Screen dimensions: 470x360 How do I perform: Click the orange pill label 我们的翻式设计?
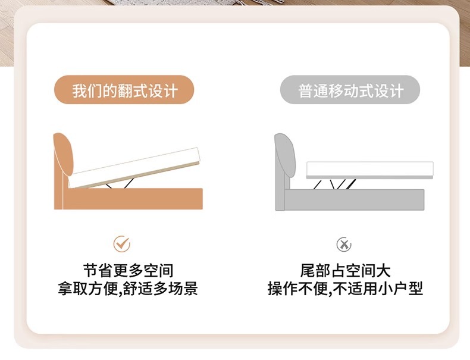tap(124, 90)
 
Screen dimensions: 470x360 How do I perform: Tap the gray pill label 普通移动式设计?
tap(350, 90)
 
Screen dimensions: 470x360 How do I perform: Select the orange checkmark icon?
tap(122, 244)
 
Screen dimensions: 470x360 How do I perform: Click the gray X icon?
tap(344, 245)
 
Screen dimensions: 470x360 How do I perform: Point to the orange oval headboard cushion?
tap(63, 154)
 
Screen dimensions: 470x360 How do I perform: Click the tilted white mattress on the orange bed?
tap(134, 167)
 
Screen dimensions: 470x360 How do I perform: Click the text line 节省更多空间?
tap(129, 271)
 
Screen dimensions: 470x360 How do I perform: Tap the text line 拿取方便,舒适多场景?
tap(128, 289)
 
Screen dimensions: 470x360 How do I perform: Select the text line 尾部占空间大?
tap(345, 271)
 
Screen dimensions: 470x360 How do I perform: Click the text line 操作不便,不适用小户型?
tap(345, 289)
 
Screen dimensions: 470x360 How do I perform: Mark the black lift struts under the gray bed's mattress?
tap(335, 184)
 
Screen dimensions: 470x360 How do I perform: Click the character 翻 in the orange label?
tap(126, 90)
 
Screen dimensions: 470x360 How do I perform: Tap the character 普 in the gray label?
tap(306, 90)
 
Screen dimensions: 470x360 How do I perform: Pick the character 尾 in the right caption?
tap(308, 271)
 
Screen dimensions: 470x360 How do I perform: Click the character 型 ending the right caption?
tap(415, 289)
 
